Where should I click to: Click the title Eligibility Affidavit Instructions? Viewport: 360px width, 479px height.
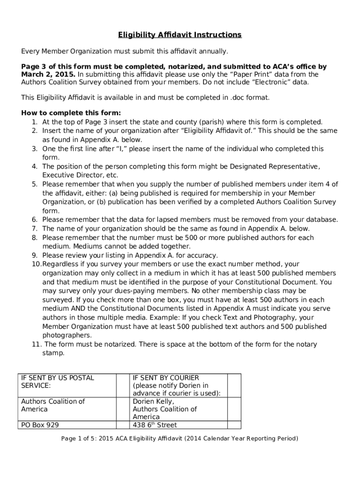(180, 35)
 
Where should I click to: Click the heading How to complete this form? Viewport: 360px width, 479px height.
(71, 113)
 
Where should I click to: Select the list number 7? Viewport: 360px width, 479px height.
(34, 229)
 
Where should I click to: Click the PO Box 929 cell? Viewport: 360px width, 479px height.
(40, 425)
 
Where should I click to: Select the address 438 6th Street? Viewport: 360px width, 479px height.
(155, 425)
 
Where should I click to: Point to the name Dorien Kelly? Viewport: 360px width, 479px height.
(153, 401)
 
